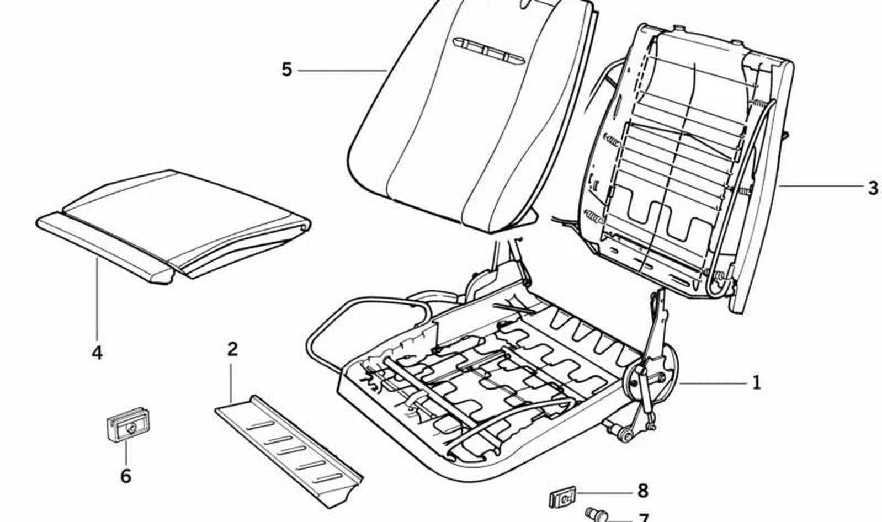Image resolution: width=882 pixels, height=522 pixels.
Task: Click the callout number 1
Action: (x=756, y=382)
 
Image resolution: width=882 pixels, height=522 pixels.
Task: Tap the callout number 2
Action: (x=232, y=349)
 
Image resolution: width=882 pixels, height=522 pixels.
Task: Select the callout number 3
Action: (x=873, y=188)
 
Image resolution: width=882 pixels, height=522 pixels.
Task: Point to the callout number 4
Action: (x=97, y=353)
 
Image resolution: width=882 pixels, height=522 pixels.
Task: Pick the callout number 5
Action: (x=287, y=70)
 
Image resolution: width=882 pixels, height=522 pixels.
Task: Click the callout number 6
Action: (x=126, y=476)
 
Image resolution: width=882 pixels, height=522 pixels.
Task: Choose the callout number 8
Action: (x=642, y=491)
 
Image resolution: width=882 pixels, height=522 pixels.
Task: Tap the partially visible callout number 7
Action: (x=644, y=517)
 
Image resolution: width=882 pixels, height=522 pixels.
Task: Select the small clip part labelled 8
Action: (x=562, y=498)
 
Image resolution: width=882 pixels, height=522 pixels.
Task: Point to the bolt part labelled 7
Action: (x=596, y=514)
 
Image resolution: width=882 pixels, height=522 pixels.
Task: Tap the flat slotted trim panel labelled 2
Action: (x=289, y=451)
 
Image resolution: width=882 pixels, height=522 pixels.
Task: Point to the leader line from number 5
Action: (x=342, y=71)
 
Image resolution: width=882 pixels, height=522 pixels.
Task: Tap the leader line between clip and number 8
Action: (x=604, y=492)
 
